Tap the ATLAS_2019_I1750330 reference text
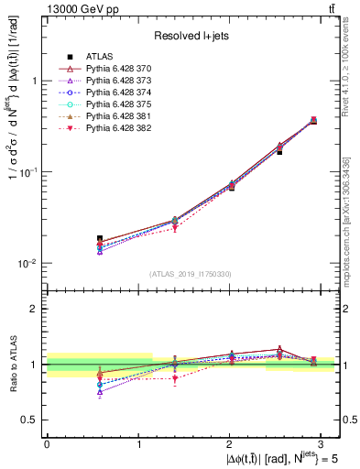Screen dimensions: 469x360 (191, 274)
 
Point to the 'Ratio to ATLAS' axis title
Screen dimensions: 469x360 (12, 364)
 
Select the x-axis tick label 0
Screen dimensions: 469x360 (47, 444)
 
